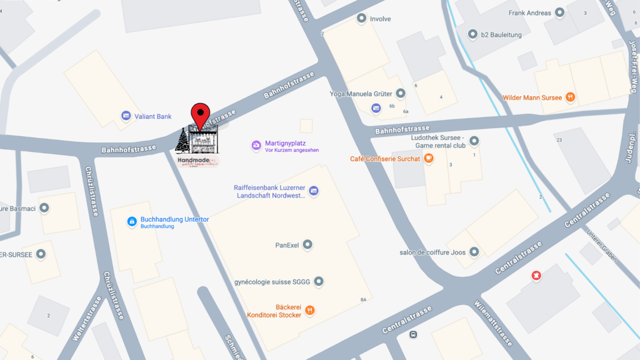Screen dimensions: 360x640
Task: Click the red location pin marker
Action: click(x=200, y=115)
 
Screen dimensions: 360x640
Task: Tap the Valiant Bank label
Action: click(x=154, y=116)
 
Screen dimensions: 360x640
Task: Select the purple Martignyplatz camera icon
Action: click(x=256, y=145)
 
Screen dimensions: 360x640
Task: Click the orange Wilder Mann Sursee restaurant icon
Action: click(x=570, y=97)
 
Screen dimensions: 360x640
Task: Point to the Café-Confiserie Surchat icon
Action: click(x=429, y=159)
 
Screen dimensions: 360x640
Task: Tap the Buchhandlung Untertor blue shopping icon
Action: click(x=132, y=221)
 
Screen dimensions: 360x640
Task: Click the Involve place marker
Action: click(x=361, y=19)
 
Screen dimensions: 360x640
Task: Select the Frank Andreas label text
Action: click(x=530, y=13)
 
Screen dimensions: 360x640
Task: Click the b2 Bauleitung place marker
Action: click(x=472, y=34)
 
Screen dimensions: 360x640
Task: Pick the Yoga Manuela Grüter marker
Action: click(x=401, y=94)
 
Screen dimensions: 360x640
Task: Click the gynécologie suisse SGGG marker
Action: click(x=319, y=282)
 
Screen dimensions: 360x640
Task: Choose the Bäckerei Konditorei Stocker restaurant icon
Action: click(x=310, y=311)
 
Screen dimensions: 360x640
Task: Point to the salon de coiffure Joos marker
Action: click(x=474, y=252)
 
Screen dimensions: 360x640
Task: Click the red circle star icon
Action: click(x=536, y=275)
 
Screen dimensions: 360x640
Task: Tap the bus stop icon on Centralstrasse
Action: click(x=413, y=334)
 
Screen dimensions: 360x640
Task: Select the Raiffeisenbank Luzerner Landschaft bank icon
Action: click(x=314, y=191)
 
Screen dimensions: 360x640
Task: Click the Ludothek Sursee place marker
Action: click(x=474, y=141)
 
